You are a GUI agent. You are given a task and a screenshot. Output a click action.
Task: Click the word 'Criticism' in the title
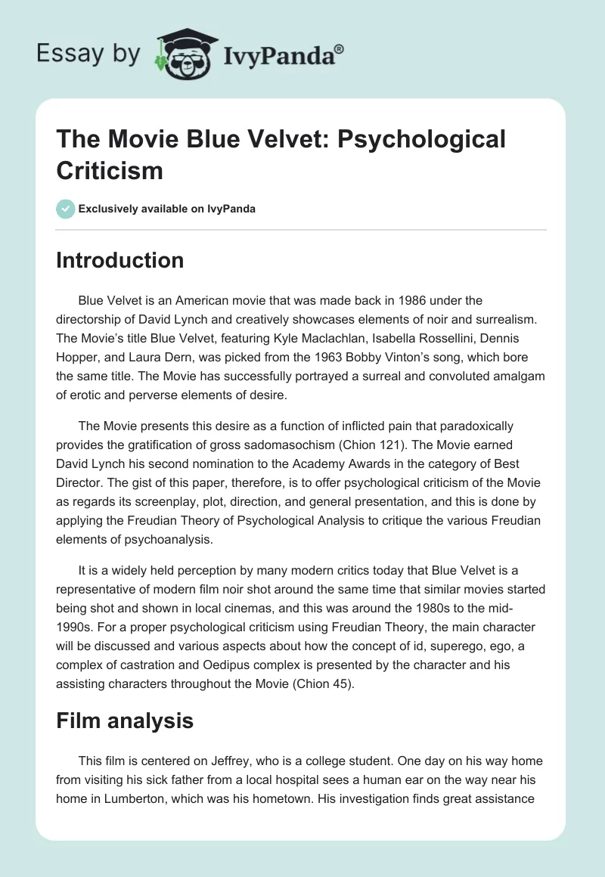pyautogui.click(x=110, y=169)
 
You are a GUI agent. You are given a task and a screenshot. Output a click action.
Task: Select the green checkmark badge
pyautogui.click(x=65, y=209)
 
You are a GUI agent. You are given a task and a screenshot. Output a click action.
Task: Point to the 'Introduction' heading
pyautogui.click(x=120, y=260)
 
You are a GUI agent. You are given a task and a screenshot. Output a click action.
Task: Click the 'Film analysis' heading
pyautogui.click(x=125, y=721)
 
